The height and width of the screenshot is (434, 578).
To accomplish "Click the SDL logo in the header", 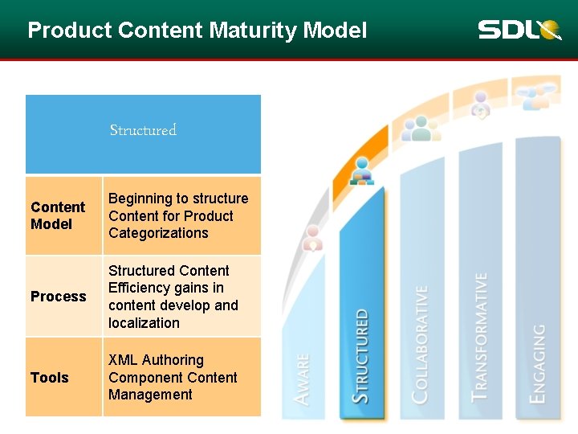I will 519,31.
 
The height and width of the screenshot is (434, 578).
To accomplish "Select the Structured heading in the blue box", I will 143,130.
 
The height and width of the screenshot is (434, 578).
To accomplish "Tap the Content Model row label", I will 58,215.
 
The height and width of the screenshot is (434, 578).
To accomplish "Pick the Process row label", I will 58,297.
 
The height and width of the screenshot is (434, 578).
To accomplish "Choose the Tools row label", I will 50,378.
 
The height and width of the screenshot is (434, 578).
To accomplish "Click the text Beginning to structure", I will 178,199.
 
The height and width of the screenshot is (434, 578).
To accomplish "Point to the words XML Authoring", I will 156,360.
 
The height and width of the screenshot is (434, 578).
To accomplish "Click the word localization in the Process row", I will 144,323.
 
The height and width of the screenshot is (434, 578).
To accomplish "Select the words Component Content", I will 173,378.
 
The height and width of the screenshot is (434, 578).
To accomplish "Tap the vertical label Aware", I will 303,379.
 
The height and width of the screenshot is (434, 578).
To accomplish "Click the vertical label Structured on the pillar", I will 362,355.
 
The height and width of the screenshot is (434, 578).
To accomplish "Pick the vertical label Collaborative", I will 419,343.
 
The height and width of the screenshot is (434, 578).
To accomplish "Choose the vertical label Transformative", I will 479,337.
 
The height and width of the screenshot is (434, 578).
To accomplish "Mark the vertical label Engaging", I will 538,362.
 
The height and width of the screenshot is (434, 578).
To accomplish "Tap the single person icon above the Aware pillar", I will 313,237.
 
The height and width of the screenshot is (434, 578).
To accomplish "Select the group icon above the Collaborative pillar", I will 420,129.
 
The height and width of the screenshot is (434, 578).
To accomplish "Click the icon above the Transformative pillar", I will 480,105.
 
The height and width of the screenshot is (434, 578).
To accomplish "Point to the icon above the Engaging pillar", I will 537,97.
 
